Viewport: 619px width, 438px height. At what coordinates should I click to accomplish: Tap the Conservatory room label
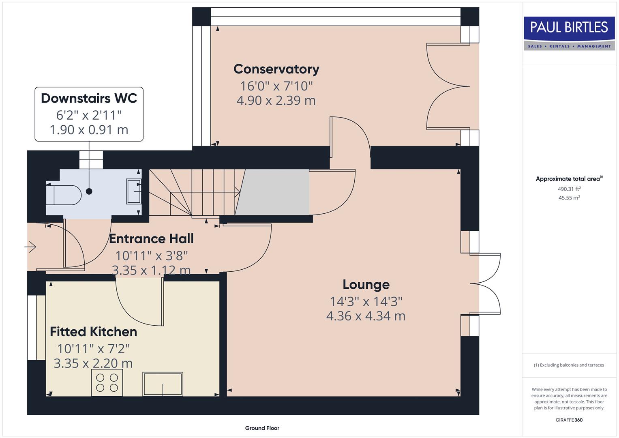276,69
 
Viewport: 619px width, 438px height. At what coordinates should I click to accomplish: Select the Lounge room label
366,284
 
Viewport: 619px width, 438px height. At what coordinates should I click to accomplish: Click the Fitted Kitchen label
93,331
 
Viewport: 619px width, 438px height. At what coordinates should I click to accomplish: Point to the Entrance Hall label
151,238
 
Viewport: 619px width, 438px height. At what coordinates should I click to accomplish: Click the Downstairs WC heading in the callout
89,98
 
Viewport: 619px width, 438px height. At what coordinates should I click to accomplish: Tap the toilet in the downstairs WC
64,195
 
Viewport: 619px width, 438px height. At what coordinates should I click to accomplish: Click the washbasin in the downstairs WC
133,191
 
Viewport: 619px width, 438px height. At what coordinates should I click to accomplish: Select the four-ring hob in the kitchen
107,382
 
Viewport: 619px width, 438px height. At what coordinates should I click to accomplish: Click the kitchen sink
163,384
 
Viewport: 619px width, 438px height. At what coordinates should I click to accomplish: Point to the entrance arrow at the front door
31,247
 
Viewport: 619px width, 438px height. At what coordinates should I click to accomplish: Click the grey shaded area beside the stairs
274,192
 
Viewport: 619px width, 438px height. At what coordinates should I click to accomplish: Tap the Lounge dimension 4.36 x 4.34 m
366,316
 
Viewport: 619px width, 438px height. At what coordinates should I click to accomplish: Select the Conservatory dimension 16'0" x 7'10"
276,86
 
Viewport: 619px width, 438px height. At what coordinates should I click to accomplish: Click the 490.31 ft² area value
569,189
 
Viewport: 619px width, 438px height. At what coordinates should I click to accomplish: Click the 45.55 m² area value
569,198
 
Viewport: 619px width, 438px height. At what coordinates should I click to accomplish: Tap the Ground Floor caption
262,428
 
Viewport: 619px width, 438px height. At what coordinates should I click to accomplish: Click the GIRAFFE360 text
569,420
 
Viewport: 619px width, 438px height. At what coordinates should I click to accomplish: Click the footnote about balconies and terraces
569,365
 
